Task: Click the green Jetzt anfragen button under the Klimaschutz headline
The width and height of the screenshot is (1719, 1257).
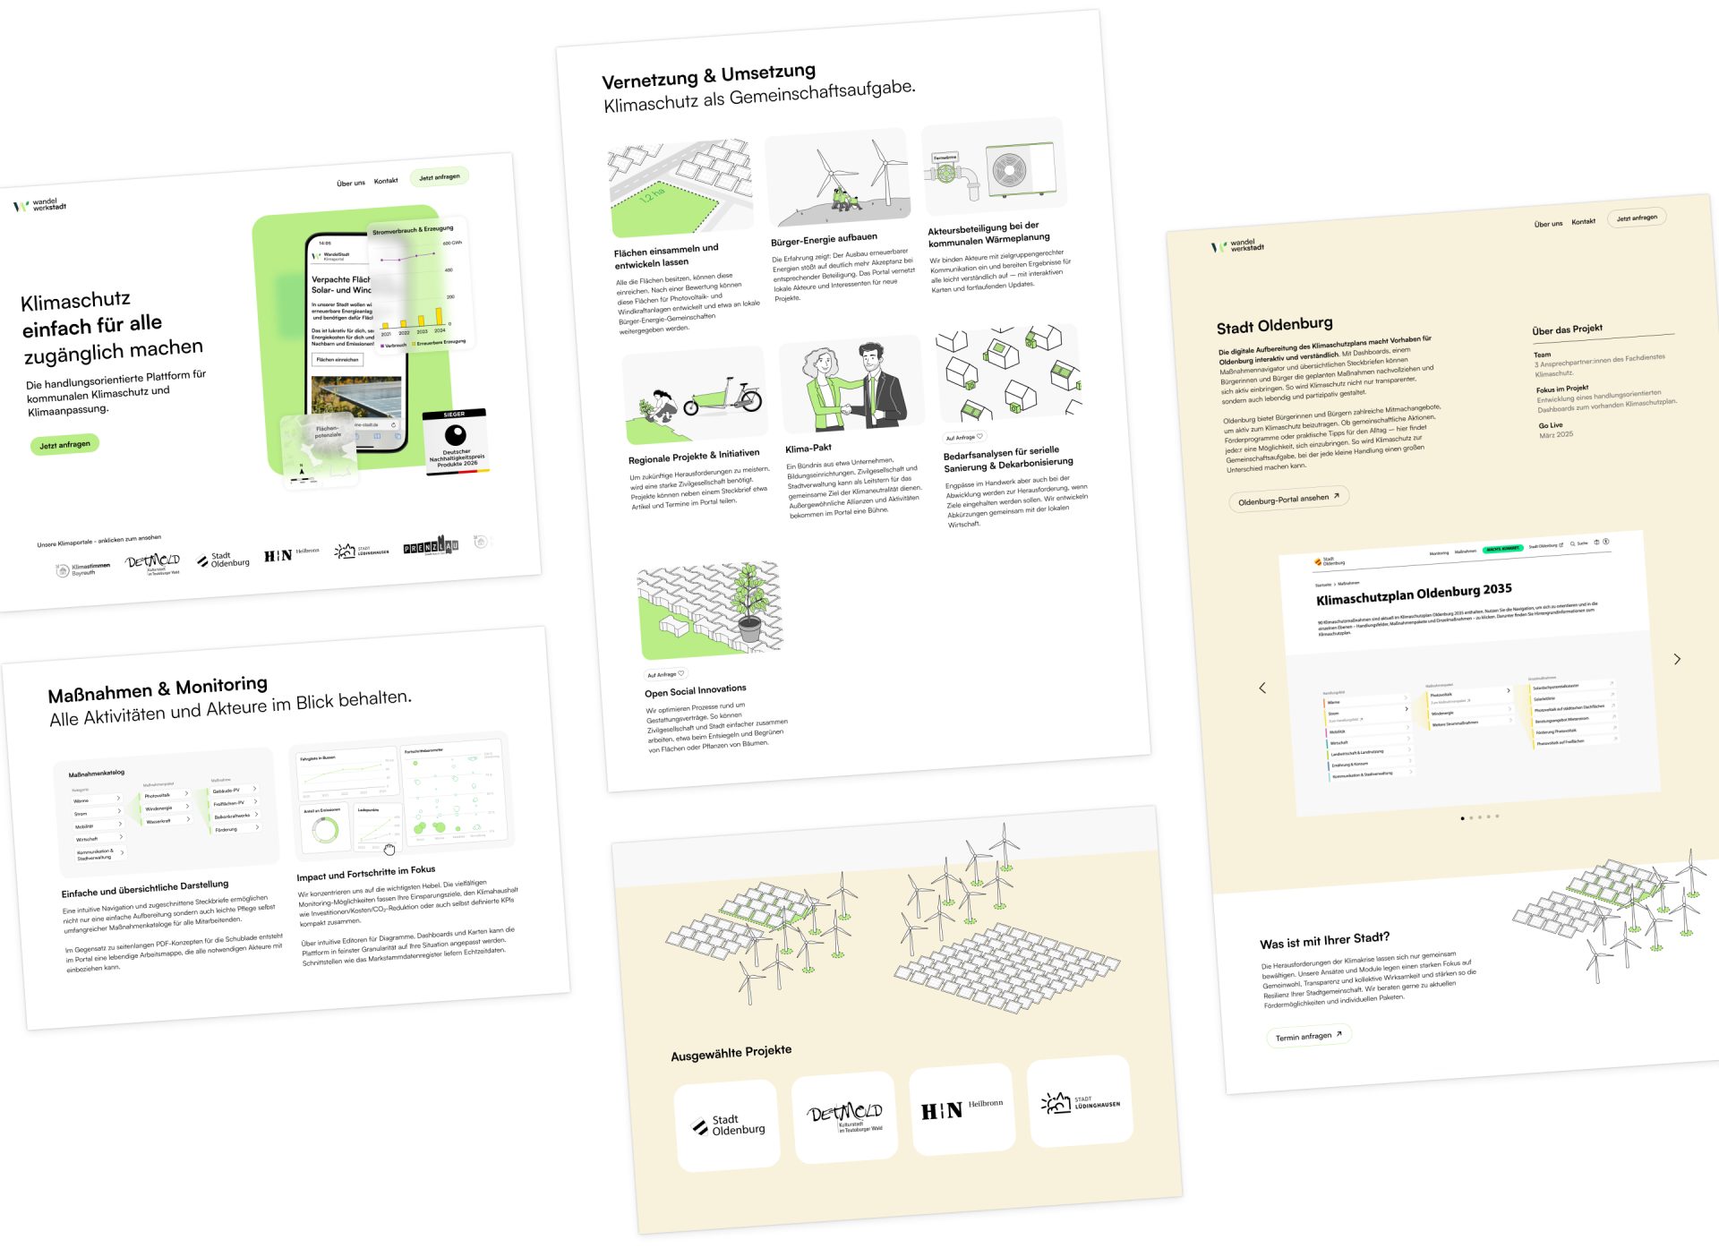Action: click(64, 444)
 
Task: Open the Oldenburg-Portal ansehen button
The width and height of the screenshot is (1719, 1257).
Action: click(1287, 500)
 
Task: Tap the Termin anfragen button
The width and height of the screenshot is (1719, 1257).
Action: click(1307, 1036)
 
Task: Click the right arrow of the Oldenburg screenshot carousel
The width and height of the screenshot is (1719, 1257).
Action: click(1677, 659)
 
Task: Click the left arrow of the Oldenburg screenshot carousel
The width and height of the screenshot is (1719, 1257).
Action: click(1262, 688)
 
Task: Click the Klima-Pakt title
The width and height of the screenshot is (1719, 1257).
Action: click(808, 448)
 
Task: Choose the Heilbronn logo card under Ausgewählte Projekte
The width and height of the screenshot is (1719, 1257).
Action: click(962, 1109)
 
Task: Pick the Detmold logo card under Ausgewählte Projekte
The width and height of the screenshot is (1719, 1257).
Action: click(844, 1116)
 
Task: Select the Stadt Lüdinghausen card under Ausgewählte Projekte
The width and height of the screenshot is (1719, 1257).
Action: click(1081, 1102)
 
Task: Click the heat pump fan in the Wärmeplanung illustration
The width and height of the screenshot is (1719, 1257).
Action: click(1009, 170)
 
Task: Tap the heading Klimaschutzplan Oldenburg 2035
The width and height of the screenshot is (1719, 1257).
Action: click(1414, 594)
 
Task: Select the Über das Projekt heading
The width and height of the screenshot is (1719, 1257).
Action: click(1567, 329)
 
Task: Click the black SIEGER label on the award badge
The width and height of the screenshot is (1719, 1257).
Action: click(455, 414)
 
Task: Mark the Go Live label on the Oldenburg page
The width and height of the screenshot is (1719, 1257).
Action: click(1551, 425)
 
